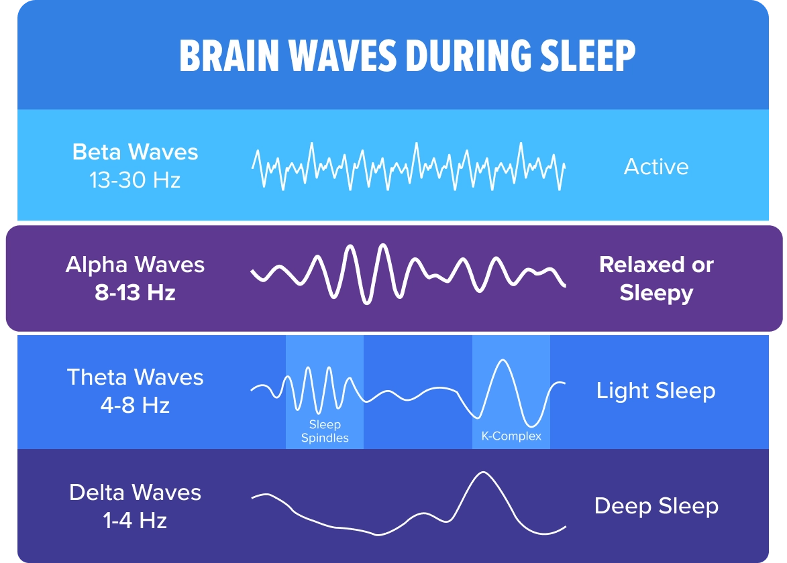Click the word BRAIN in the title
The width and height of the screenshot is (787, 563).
tap(229, 55)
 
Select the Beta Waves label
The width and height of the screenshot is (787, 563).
tap(135, 152)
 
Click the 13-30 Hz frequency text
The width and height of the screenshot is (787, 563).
tap(135, 180)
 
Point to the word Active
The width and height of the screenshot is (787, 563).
tap(656, 166)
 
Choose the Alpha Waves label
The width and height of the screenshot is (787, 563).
tap(135, 265)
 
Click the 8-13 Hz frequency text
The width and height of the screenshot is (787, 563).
tap(135, 293)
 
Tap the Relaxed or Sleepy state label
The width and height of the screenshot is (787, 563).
tap(656, 279)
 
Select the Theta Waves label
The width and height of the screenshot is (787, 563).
tap(135, 377)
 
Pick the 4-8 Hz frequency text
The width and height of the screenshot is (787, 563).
tap(135, 405)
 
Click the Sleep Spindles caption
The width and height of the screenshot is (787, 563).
tap(325, 431)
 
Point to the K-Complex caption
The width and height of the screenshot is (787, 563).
tap(511, 436)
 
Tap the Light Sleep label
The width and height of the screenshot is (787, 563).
tap(656, 391)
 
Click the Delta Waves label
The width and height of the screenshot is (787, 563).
tap(135, 493)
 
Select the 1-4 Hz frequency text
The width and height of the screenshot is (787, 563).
tap(135, 520)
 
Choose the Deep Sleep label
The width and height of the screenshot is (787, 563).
tap(656, 506)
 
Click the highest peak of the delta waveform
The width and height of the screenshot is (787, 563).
tap(483, 473)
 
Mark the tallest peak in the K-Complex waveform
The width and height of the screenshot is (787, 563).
tap(501, 360)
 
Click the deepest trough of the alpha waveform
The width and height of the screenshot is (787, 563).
tap(367, 303)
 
